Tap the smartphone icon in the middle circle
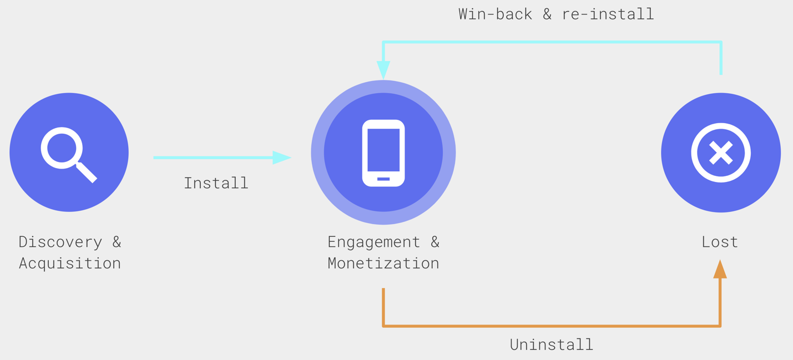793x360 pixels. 383,153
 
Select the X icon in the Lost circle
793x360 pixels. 720,153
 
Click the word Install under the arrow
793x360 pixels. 216,183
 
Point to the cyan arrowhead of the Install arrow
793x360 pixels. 281,158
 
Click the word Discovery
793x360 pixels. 60,242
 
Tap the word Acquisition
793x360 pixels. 70,263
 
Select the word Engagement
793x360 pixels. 374,242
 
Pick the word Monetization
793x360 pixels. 383,263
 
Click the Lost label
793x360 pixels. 720,242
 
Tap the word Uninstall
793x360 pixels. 552,344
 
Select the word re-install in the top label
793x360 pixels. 608,14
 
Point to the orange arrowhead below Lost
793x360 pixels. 720,270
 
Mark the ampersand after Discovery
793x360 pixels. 117,242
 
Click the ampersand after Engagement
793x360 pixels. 435,242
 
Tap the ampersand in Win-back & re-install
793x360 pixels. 547,14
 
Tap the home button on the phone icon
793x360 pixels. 383,179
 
